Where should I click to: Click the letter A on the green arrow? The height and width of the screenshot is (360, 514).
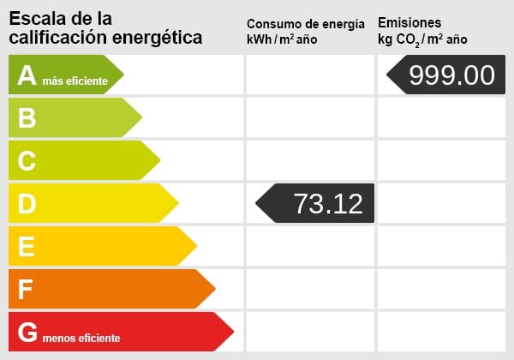27,75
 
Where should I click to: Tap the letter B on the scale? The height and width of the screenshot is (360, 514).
27,118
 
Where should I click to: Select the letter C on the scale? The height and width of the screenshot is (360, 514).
27,161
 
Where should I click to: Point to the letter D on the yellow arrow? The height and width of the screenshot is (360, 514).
27,204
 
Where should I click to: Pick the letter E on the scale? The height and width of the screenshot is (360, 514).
27,247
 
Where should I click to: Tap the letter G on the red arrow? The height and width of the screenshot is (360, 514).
28,333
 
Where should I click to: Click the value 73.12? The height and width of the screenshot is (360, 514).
328,204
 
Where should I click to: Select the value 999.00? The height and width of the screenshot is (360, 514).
451,75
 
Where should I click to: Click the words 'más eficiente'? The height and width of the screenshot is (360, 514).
75,81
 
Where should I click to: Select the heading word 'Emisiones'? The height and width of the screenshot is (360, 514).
409,22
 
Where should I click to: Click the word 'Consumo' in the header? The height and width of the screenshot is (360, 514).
272,23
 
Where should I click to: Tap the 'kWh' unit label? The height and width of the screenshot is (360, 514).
260,39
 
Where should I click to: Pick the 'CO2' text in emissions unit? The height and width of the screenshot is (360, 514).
409,40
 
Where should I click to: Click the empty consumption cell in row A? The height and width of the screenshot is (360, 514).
309,75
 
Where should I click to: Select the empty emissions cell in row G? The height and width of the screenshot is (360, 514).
440,333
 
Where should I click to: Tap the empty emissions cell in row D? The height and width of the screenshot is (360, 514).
440,204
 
